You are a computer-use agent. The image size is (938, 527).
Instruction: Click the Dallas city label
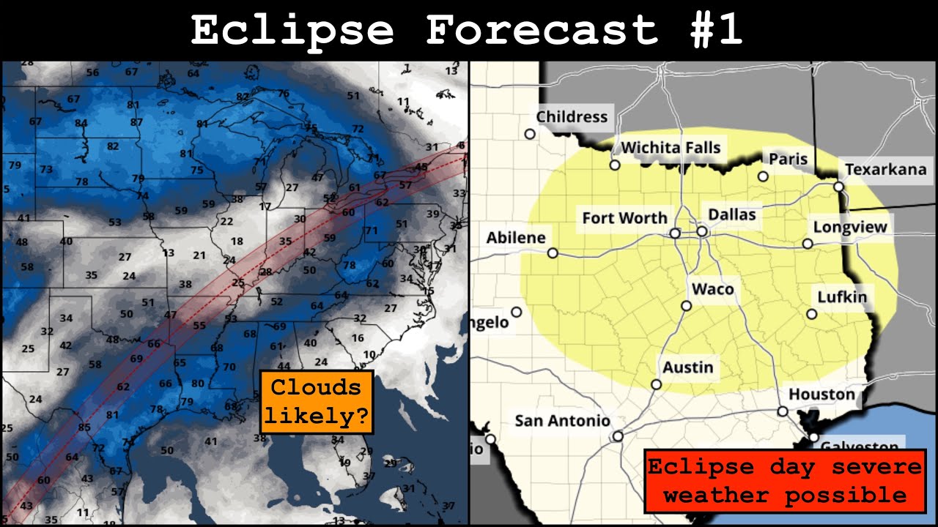pos(732,214)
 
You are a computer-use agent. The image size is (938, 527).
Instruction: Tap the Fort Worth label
pos(624,217)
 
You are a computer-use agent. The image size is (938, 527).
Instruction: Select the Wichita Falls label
pos(671,147)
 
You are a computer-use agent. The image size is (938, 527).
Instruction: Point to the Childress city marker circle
pos(530,134)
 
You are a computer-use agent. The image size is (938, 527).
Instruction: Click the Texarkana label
pos(885,170)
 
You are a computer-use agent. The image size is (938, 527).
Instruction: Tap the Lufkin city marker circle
pos(811,314)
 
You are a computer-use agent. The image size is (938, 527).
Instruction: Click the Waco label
pos(712,288)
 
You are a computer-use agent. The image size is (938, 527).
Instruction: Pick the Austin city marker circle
pos(656,384)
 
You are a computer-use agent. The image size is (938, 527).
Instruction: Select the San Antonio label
pos(562,420)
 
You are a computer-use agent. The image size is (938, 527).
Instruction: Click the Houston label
pos(821,395)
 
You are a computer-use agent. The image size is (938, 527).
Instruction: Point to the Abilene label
pos(516,237)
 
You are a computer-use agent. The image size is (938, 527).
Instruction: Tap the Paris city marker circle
pos(763,176)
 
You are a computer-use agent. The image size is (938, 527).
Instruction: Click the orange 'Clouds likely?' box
pos(317,402)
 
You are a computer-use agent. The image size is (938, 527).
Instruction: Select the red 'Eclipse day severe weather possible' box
pos(785,481)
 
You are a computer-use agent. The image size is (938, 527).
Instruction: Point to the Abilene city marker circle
pos(553,253)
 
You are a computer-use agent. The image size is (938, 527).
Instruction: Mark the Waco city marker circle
pos(686,306)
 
